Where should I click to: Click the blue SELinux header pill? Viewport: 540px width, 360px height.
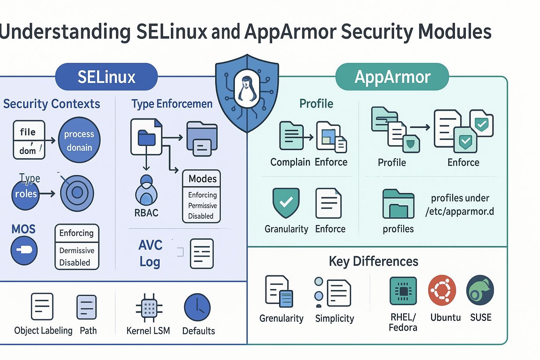coord(106,77)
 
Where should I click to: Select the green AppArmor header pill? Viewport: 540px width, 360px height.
coord(392,77)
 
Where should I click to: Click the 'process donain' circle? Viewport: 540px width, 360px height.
coord(79,140)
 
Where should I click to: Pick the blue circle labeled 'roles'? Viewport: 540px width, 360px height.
coord(25,194)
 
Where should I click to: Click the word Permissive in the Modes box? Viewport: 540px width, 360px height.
coord(202,206)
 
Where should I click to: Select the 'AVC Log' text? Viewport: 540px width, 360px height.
coord(150,253)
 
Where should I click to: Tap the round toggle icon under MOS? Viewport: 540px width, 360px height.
coord(24,250)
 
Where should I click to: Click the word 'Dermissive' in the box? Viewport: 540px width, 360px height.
coord(77,251)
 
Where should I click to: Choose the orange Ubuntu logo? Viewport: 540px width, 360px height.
coord(442,290)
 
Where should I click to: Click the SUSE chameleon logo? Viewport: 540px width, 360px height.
coord(480,290)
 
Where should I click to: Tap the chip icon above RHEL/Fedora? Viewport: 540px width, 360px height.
coord(403,291)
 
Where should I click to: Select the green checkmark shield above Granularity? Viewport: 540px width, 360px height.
coord(286,203)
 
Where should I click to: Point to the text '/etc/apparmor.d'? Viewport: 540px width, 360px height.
coord(459,211)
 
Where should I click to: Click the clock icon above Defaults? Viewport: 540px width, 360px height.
coord(197,307)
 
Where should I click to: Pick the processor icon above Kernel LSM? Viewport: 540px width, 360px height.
coord(149,308)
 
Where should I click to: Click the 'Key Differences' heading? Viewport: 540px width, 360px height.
coord(373,261)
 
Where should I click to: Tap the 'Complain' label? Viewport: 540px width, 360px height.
coord(290,162)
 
